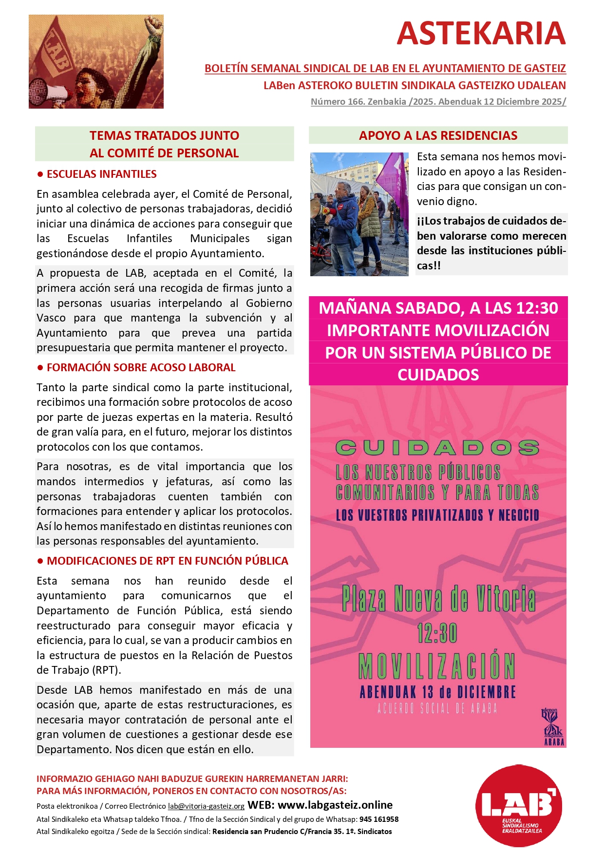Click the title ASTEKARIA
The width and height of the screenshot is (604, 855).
click(x=481, y=33)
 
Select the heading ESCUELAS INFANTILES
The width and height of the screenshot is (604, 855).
click(x=101, y=174)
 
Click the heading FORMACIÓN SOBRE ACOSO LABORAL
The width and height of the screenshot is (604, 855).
click(x=141, y=367)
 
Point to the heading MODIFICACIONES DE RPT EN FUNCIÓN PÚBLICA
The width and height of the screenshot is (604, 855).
click(x=167, y=561)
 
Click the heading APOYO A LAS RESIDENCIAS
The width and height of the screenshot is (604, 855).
click(x=438, y=135)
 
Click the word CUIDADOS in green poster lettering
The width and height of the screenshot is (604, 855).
click(x=437, y=448)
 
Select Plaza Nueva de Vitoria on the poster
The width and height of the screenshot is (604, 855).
click(x=438, y=599)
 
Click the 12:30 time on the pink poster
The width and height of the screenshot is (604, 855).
click(x=437, y=633)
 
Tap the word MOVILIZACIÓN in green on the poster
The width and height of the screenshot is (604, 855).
click(x=437, y=665)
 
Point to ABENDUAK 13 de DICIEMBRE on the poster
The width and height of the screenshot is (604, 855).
click(x=437, y=692)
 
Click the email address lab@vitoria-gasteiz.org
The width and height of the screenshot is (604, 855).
click(x=206, y=806)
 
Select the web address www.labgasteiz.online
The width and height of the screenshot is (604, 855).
click(x=335, y=805)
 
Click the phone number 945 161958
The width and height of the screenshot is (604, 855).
click(x=379, y=819)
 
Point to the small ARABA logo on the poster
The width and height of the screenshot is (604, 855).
click(x=553, y=727)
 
